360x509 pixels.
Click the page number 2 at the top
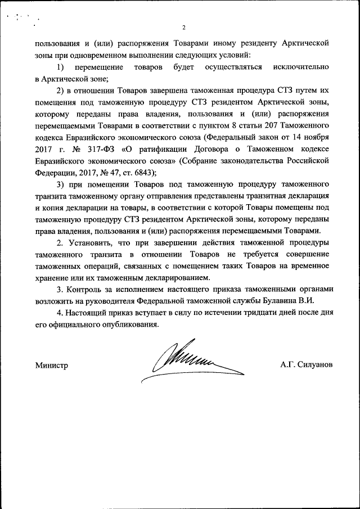(183, 28)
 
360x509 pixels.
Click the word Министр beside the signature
(52, 365)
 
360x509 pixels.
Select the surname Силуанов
(314, 364)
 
